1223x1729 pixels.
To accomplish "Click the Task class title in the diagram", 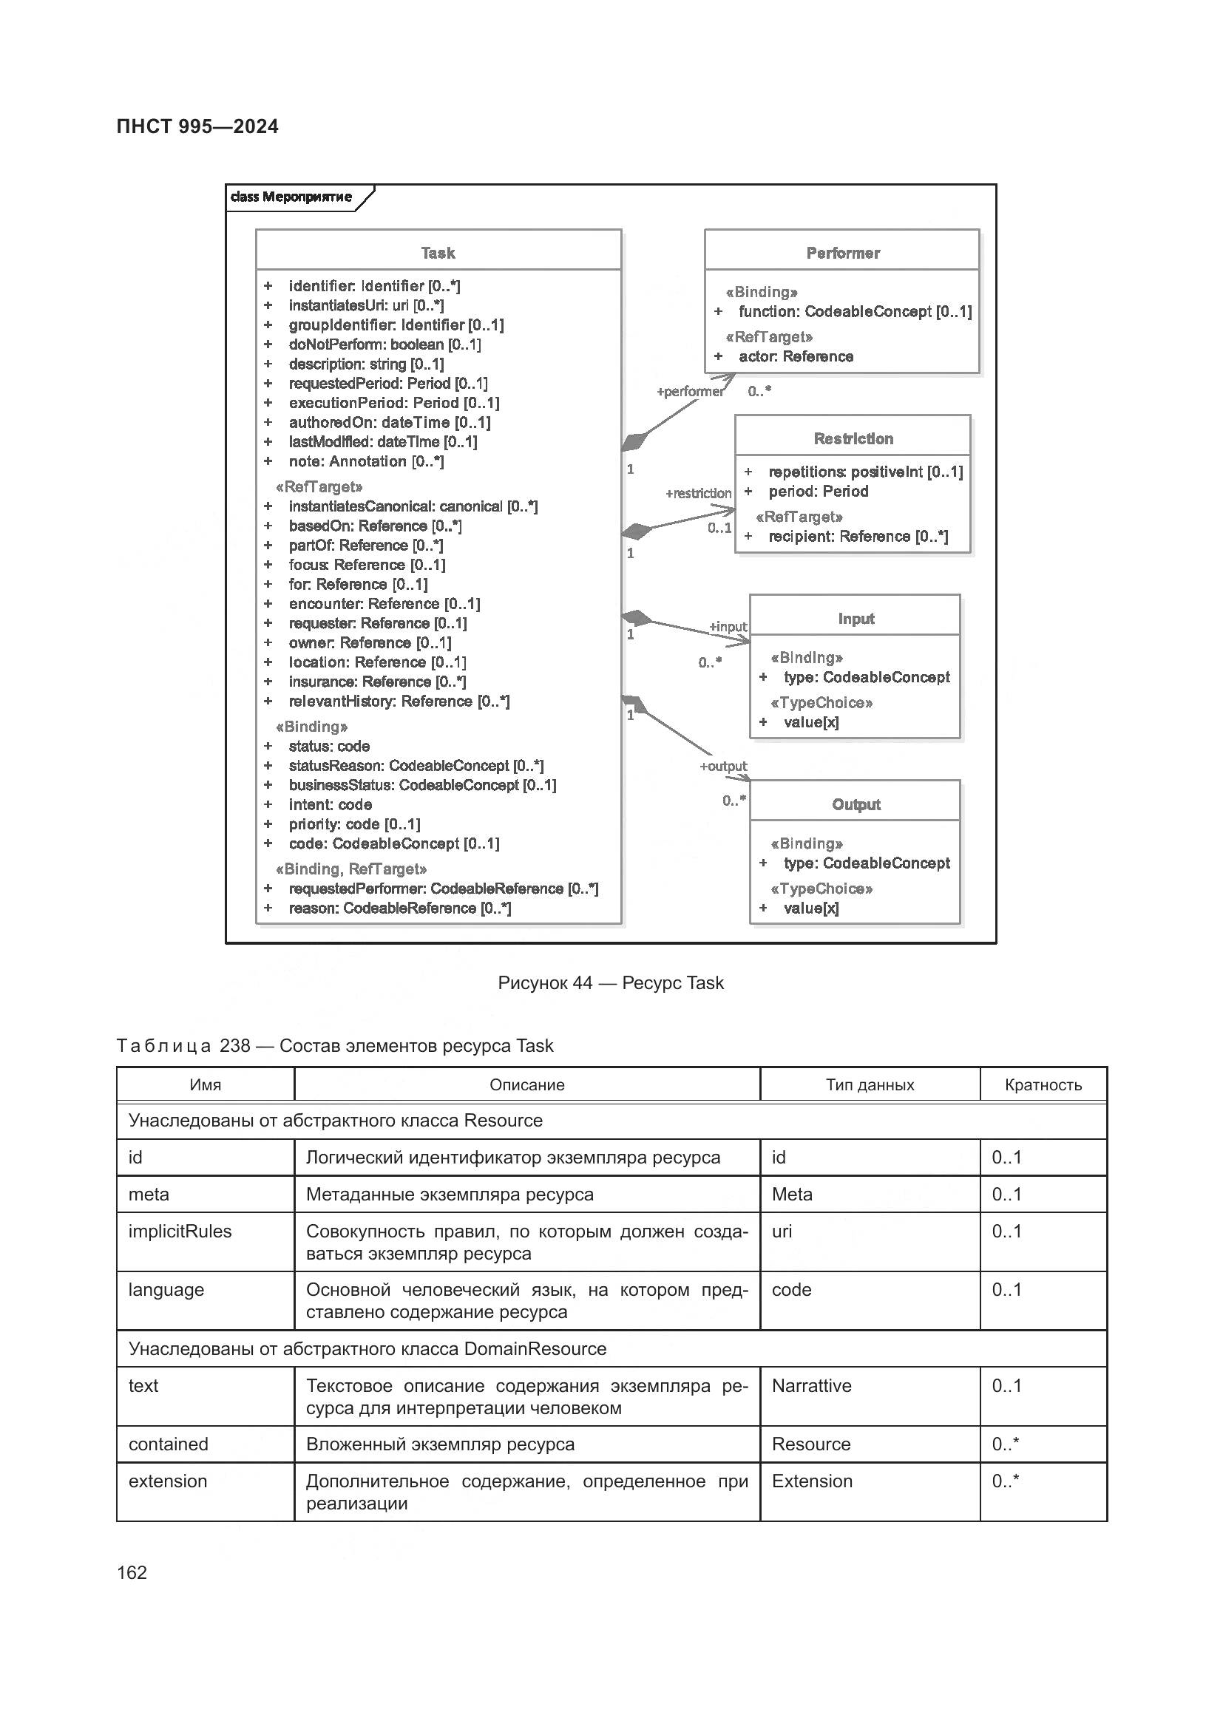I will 438,253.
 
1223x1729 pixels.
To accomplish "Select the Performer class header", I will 842,253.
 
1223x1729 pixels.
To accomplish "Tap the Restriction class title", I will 853,438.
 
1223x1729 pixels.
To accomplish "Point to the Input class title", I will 856,618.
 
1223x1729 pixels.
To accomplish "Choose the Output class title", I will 856,804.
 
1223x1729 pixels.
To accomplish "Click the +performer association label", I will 690,392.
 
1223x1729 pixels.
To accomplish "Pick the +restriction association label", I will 698,493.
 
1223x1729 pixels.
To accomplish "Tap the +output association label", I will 723,766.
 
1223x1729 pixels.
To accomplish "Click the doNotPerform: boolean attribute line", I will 384,344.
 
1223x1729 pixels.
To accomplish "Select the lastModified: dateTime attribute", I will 382,442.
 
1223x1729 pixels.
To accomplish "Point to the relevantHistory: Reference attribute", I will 399,701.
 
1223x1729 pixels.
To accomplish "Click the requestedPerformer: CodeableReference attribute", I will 443,889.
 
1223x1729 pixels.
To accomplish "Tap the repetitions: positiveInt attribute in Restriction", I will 864,472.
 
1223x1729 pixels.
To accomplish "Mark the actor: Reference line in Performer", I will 796,356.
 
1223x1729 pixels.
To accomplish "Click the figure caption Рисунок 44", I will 610,982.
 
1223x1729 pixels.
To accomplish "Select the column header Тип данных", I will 869,1084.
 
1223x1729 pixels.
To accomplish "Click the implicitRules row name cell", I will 180,1232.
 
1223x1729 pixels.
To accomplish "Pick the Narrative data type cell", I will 811,1385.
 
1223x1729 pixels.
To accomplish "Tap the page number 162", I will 132,1572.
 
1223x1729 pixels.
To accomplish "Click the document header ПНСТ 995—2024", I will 197,126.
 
